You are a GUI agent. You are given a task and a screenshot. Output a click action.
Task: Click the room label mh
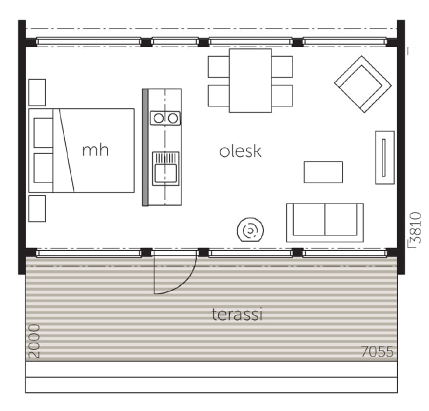click(x=95, y=151)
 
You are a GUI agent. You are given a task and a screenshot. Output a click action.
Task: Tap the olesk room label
click(x=241, y=151)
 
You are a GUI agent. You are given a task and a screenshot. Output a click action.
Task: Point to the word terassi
click(x=237, y=314)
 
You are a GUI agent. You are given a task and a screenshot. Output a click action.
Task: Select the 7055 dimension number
click(x=377, y=351)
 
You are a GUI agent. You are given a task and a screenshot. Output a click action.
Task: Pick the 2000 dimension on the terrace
click(x=34, y=341)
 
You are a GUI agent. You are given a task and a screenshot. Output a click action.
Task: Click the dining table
click(x=250, y=81)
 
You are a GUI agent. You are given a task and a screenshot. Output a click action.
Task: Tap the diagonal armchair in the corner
click(x=363, y=84)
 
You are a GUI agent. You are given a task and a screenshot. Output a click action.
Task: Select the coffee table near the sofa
click(x=323, y=172)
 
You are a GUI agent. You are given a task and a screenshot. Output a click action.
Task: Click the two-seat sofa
click(x=325, y=223)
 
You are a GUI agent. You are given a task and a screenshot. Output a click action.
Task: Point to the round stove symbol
click(x=250, y=230)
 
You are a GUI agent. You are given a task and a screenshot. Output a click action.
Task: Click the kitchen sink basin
click(x=166, y=173)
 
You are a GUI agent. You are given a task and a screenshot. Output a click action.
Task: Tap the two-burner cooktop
click(x=165, y=118)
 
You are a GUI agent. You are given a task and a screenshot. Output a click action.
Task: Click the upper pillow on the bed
click(x=43, y=133)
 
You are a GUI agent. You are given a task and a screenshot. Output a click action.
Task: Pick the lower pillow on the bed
click(x=43, y=168)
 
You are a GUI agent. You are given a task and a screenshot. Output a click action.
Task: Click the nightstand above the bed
click(x=37, y=92)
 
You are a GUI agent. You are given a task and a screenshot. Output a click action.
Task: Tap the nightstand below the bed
click(x=37, y=209)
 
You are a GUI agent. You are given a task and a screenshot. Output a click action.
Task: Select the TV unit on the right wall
click(x=385, y=158)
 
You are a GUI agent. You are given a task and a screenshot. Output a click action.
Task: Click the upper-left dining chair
click(x=219, y=67)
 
